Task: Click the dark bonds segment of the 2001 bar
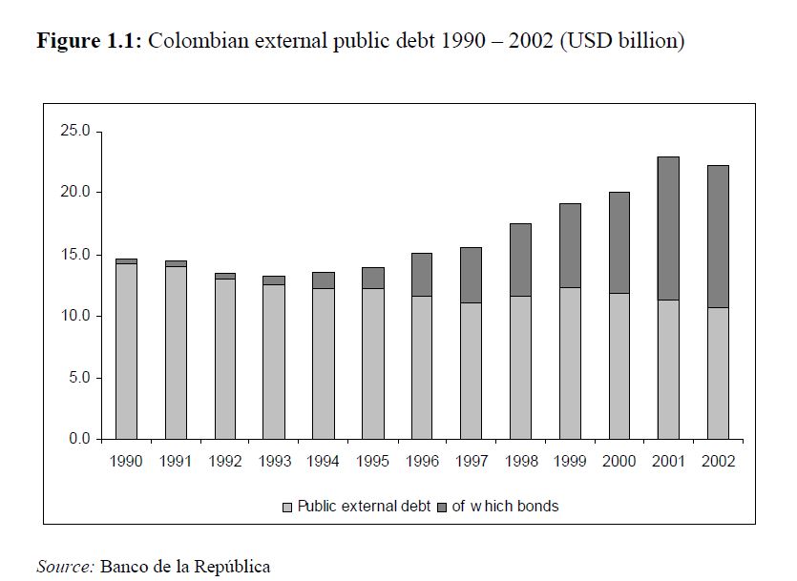[668, 228]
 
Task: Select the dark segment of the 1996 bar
[422, 274]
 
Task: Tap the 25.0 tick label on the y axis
[73, 131]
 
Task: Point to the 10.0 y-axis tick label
[73, 316]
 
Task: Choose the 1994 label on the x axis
[324, 462]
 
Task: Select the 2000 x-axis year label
[619, 462]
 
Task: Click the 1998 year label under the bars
[520, 462]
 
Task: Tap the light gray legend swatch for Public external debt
[287, 507]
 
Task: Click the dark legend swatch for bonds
[443, 507]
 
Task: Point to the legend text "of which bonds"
[505, 507]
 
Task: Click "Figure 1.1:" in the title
[90, 42]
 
